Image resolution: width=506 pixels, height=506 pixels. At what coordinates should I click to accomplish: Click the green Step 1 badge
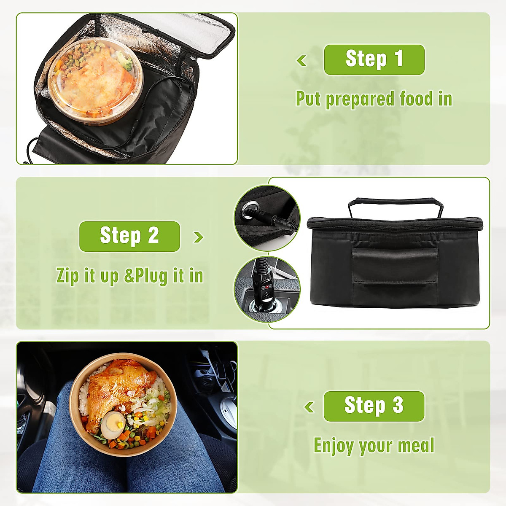point(374,59)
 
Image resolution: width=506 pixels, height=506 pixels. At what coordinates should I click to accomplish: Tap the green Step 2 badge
point(129,236)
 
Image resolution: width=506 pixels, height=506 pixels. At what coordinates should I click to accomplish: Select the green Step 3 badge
point(374,406)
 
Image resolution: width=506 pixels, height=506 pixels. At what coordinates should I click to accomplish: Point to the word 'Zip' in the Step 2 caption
point(67,276)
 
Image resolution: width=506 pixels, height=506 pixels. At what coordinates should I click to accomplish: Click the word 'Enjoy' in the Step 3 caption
point(333,446)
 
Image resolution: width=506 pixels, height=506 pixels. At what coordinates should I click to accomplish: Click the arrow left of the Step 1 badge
point(301,61)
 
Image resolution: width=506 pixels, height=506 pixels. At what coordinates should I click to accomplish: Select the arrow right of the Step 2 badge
point(198,237)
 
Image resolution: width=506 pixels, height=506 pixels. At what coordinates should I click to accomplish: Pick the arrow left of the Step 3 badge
point(309,407)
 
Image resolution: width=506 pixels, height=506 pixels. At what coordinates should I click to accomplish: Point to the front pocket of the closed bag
point(395,266)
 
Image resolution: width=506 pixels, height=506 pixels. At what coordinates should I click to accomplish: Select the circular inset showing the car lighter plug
point(267,289)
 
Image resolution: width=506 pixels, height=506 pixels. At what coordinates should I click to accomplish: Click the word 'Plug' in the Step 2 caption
point(151,276)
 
